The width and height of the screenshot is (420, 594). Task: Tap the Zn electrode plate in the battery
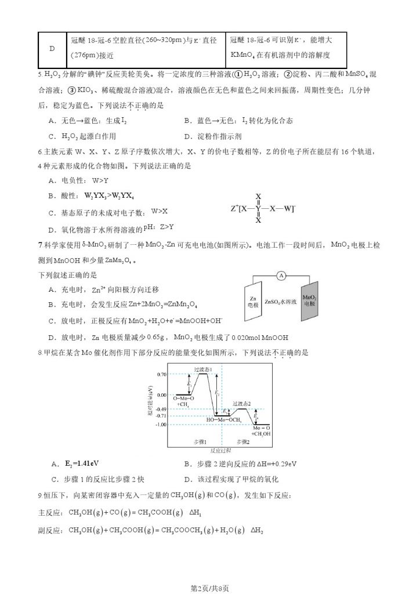point(253,302)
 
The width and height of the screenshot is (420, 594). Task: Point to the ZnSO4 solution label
point(281,302)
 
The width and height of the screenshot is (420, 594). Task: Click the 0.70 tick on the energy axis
point(162,375)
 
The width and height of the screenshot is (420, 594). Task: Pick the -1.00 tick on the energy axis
point(161,425)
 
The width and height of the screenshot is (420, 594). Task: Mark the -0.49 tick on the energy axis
point(161,409)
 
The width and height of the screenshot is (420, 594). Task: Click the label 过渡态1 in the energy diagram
point(202,369)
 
